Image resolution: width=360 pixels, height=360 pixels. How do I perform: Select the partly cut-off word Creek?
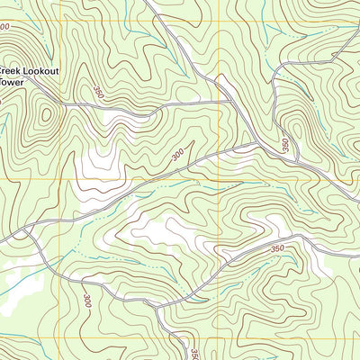(x=9, y=68)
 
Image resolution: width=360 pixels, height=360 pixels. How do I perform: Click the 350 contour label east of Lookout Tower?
(x=97, y=91)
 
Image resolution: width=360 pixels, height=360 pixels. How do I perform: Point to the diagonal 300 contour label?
(x=177, y=156)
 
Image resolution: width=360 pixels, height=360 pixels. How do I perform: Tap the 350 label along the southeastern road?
(x=276, y=248)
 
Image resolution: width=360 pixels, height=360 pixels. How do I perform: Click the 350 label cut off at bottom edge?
(x=194, y=352)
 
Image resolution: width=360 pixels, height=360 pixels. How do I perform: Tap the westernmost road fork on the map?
(x=25, y=233)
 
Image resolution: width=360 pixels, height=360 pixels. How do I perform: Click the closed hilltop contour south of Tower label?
(x=45, y=117)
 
